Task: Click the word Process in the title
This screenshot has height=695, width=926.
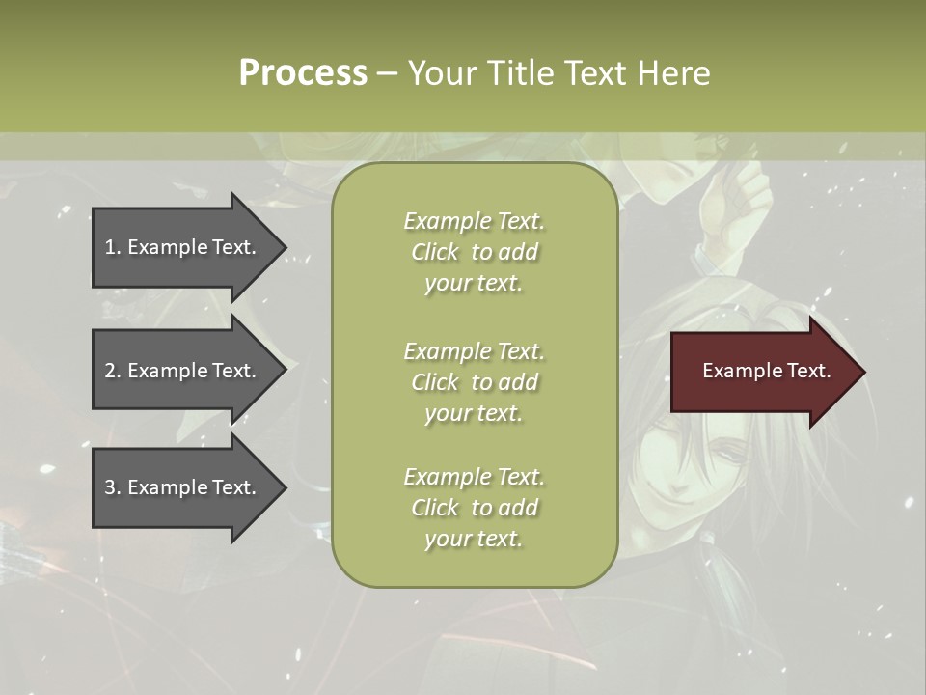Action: click(303, 73)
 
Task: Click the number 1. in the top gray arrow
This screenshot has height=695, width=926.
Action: click(113, 247)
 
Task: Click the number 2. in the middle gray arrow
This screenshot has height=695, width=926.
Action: click(113, 371)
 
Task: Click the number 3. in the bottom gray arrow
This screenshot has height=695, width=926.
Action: click(113, 487)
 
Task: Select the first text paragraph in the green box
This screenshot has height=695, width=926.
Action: click(474, 252)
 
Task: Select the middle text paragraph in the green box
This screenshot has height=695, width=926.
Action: click(474, 382)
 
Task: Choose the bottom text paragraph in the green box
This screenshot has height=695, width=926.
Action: click(474, 508)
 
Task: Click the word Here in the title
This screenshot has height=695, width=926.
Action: click(674, 73)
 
